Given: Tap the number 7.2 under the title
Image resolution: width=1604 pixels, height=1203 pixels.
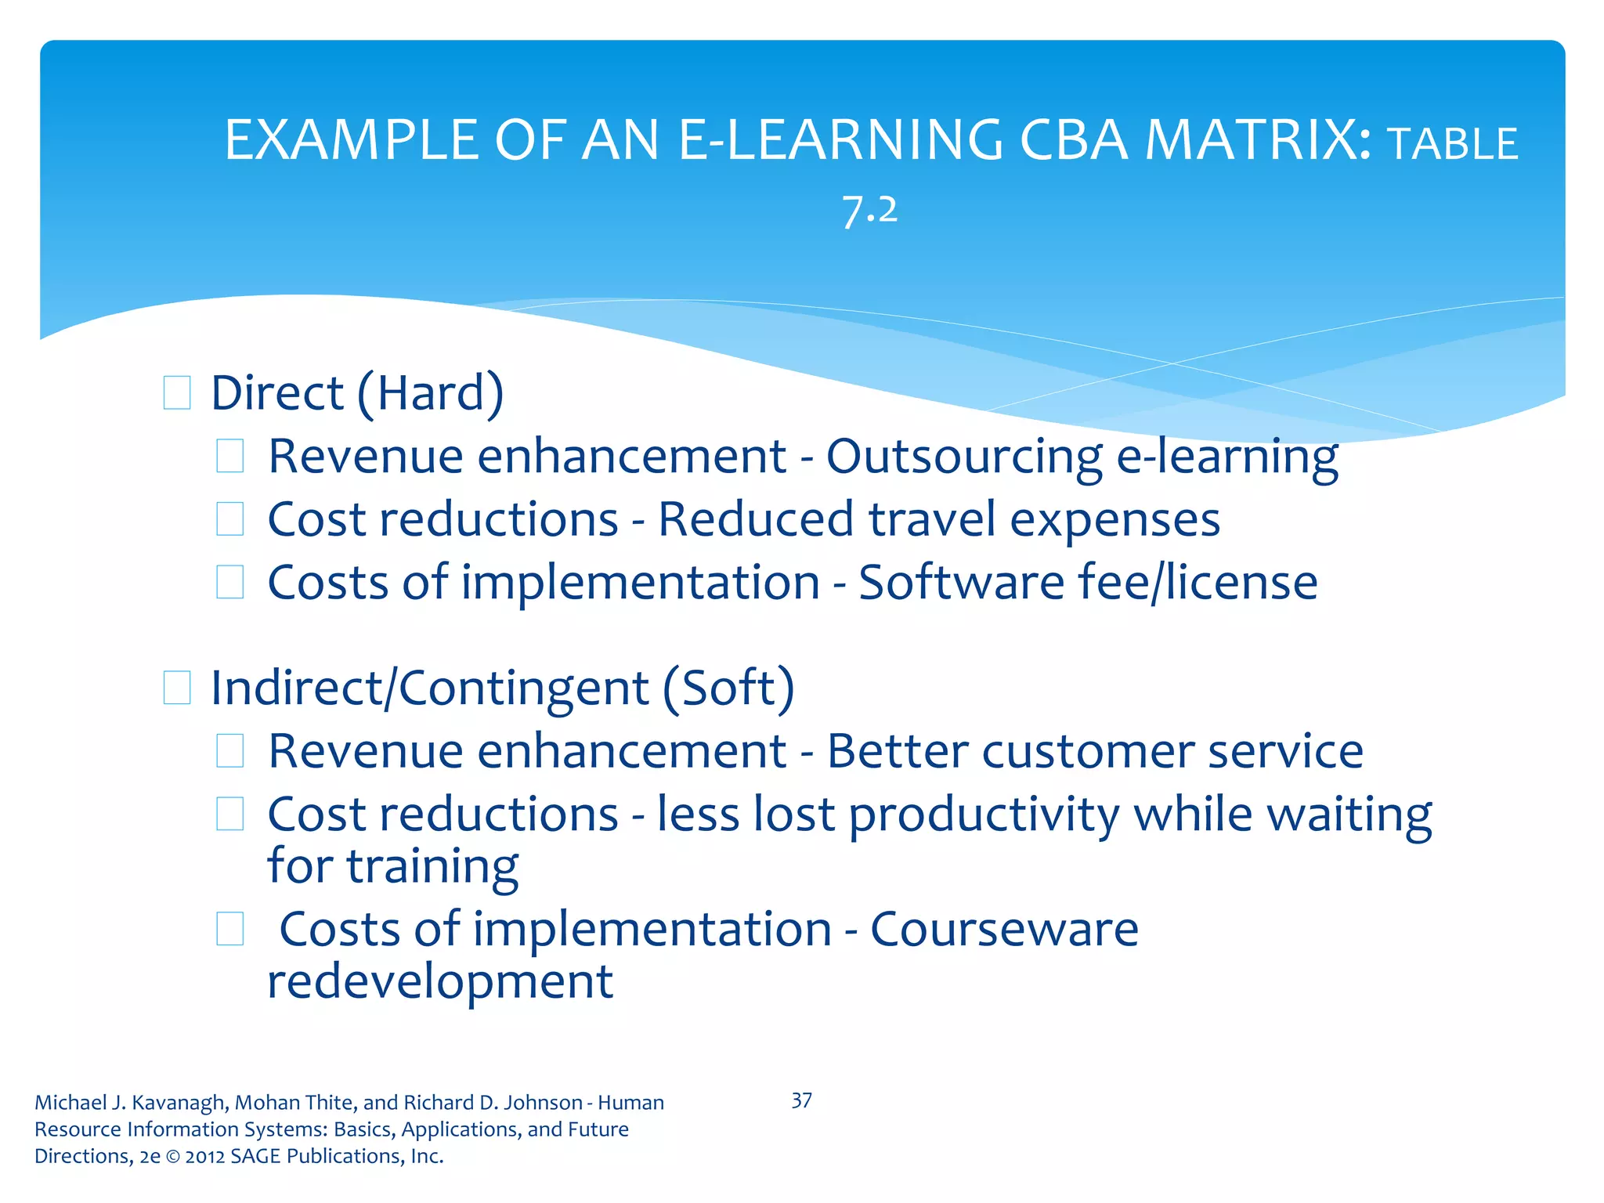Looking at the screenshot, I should coord(869,210).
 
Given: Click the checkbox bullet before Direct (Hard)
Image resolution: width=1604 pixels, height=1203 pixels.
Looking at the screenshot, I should coord(177,393).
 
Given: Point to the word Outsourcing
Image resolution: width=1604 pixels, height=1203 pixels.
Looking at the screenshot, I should coord(963,457).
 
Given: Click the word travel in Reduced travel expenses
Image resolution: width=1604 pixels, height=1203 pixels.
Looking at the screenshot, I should coord(931,519).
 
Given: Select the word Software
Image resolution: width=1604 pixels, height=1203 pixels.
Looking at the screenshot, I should coord(961,583).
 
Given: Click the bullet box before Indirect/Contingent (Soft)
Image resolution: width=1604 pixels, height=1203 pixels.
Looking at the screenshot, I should coord(177,688).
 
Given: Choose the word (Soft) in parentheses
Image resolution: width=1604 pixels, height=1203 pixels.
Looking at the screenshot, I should coord(728,688).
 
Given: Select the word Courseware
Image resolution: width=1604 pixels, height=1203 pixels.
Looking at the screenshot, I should coord(1004,930).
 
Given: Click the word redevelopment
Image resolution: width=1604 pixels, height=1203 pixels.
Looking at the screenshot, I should coord(440,981).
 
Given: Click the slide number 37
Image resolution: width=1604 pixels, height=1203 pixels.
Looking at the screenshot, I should coord(801,1100).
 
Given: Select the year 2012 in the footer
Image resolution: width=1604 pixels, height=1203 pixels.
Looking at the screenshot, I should coord(205,1156).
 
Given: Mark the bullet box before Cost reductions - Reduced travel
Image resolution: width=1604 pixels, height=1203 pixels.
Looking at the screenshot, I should coord(229,519).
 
